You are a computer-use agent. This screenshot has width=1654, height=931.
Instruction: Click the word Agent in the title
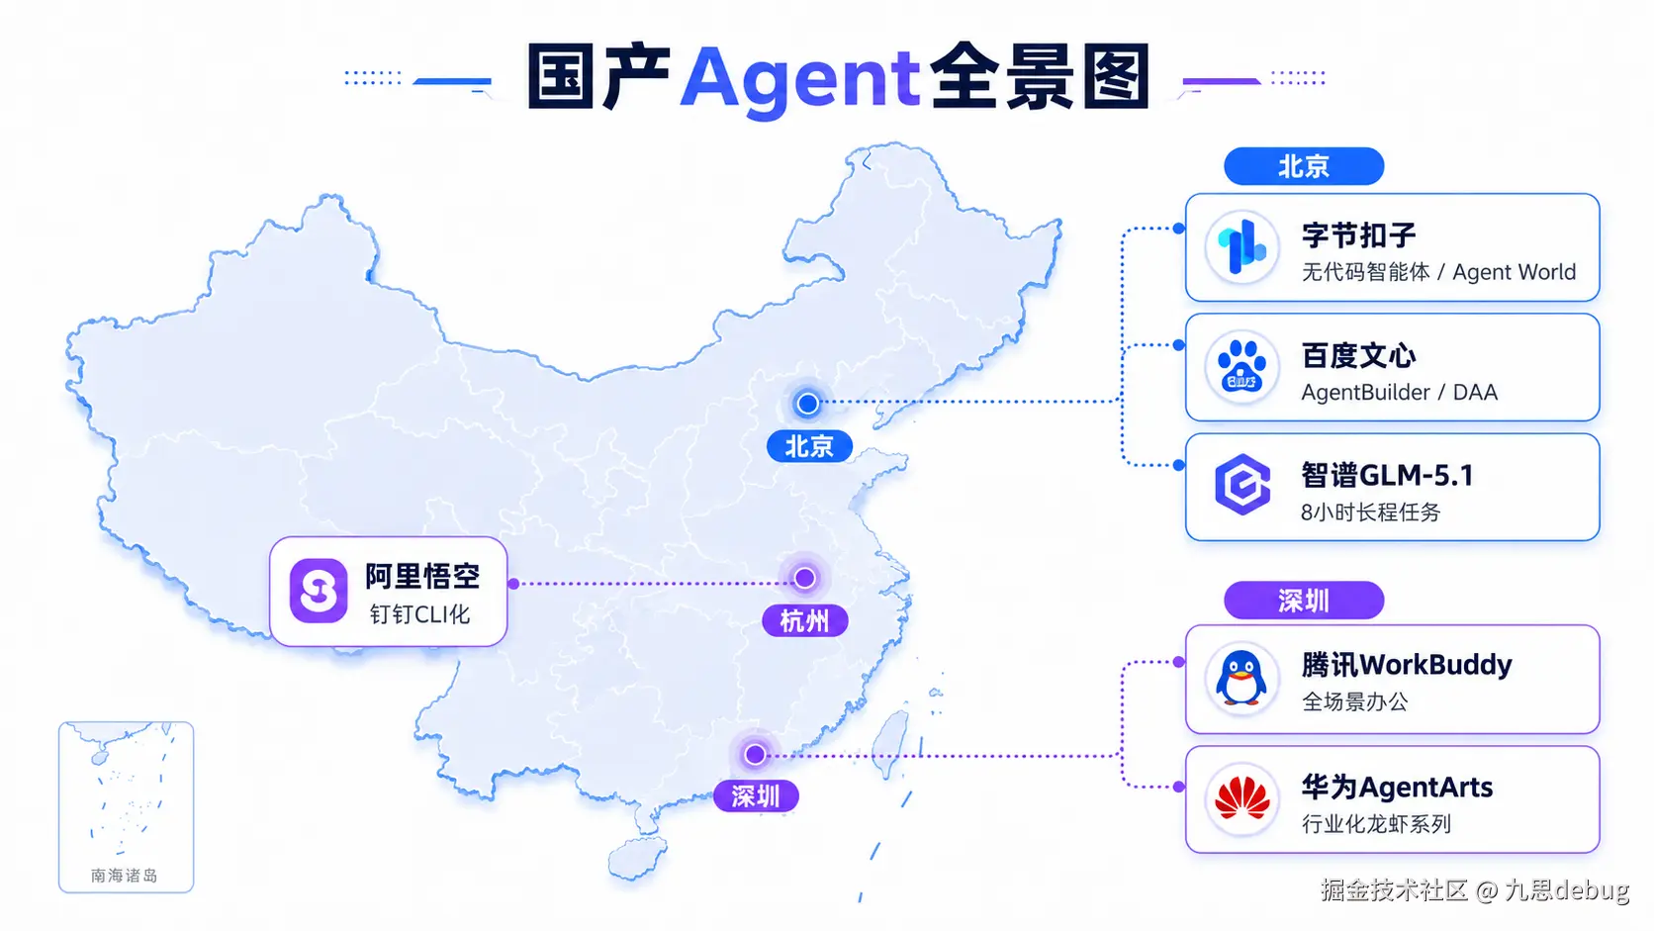tap(799, 78)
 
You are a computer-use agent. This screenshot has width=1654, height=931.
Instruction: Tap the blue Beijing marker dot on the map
tap(807, 403)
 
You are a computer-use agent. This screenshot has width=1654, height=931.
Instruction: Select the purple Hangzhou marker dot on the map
tap(804, 578)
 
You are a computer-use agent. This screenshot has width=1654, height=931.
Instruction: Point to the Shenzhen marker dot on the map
tap(755, 754)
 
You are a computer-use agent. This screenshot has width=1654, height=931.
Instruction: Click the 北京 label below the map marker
tap(809, 446)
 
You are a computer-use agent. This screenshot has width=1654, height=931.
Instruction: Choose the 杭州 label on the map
tap(805, 621)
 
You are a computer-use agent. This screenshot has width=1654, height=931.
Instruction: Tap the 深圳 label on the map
tap(756, 795)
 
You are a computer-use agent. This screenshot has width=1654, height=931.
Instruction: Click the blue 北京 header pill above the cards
tap(1303, 166)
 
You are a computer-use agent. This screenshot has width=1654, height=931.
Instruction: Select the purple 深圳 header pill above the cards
tap(1303, 601)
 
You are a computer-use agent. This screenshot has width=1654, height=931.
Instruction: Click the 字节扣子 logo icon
tap(1241, 248)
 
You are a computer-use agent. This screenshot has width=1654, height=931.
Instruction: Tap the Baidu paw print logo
tap(1241, 367)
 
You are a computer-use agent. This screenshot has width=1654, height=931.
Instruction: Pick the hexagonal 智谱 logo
tap(1242, 485)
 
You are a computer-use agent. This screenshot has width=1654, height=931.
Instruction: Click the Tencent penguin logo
tap(1241, 679)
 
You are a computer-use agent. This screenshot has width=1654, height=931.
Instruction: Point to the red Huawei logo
tap(1241, 799)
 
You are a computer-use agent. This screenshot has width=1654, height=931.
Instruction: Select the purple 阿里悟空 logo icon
tap(319, 591)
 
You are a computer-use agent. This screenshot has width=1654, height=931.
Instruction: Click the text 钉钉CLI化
tap(419, 614)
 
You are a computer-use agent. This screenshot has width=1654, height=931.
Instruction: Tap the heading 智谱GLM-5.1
tap(1387, 476)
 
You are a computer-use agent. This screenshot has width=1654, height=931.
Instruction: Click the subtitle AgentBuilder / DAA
tap(1399, 392)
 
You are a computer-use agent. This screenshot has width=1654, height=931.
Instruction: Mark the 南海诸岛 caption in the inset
tap(124, 876)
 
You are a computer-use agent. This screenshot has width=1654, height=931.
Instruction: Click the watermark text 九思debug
tap(1566, 890)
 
